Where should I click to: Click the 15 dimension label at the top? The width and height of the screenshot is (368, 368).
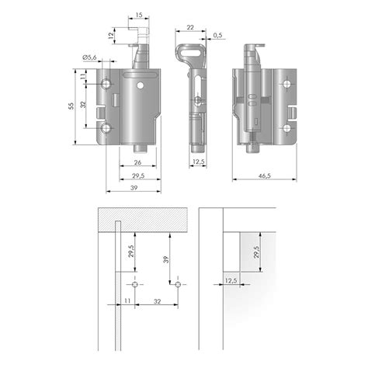(x=139, y=15)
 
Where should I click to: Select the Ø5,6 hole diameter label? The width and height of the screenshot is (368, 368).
(x=89, y=57)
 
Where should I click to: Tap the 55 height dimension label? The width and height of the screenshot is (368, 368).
(x=71, y=106)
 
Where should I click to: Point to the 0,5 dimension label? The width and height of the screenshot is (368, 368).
(x=218, y=35)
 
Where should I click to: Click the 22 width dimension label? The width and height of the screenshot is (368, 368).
(x=190, y=27)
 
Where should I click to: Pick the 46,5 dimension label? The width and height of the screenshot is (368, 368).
(x=265, y=176)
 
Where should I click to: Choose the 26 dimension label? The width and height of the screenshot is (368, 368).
(x=137, y=162)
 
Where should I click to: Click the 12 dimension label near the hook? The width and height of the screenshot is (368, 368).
(x=111, y=36)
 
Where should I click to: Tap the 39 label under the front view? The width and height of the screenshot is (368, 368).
(x=134, y=188)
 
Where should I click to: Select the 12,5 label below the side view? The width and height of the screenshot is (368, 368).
(x=199, y=161)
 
